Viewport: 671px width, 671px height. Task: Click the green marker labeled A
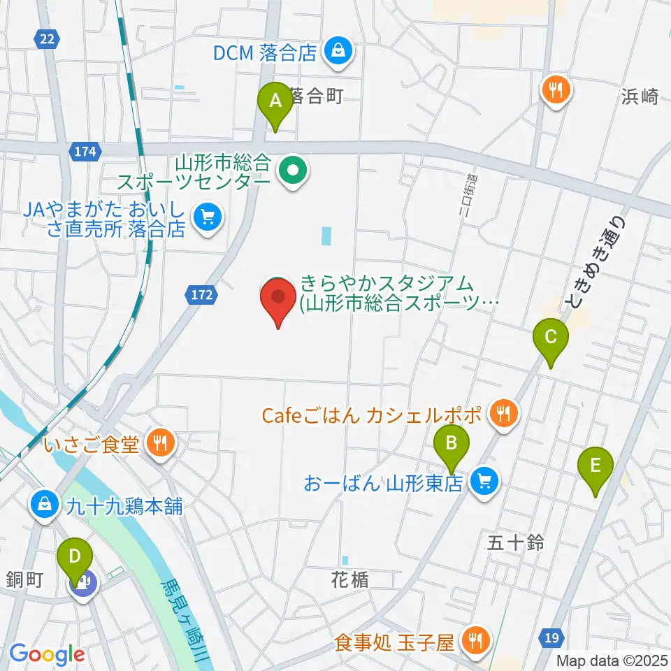click(x=276, y=102)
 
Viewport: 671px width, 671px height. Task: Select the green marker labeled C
click(x=550, y=339)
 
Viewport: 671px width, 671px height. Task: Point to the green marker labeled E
click(x=596, y=466)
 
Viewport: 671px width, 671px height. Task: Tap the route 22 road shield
click(x=46, y=40)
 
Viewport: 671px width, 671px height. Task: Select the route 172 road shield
click(x=201, y=296)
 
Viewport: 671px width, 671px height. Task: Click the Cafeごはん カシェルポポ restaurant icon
click(x=503, y=414)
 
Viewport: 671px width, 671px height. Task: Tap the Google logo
click(x=47, y=655)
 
